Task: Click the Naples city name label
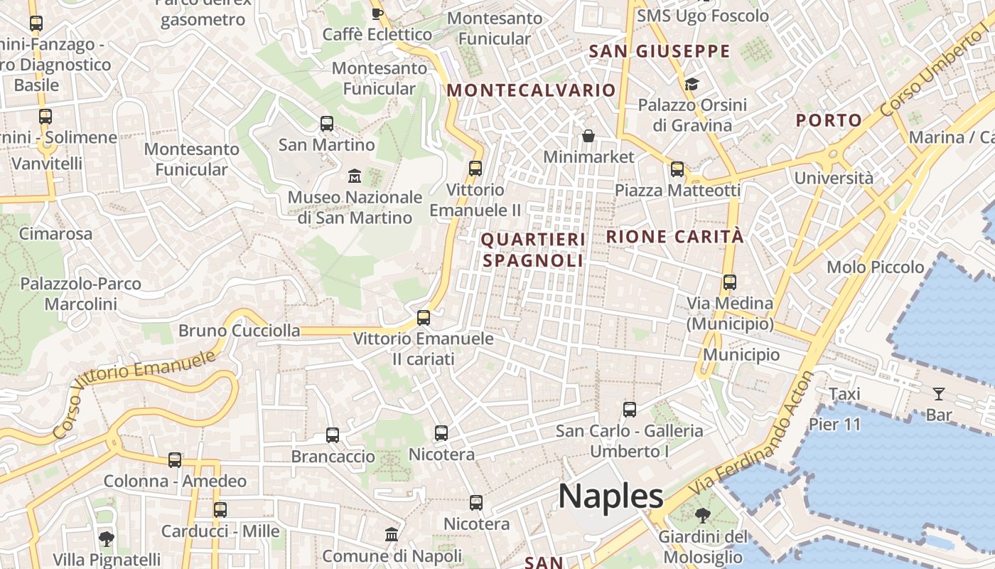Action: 611,496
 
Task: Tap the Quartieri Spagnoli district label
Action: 533,250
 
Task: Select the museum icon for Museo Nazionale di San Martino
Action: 354,175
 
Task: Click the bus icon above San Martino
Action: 327,124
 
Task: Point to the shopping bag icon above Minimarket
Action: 588,135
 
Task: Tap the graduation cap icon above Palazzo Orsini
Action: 692,85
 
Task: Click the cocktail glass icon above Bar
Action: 938,393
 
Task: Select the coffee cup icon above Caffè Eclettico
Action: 377,13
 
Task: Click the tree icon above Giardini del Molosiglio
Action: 703,515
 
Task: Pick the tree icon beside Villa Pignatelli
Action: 107,538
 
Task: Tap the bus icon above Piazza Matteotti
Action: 677,169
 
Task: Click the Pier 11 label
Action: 835,425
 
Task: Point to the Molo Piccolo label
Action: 875,267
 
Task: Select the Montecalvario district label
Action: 531,90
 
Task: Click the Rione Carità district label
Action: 674,237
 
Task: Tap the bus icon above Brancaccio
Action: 333,435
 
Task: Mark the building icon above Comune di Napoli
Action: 392,534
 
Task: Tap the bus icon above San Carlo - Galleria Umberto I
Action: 630,409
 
